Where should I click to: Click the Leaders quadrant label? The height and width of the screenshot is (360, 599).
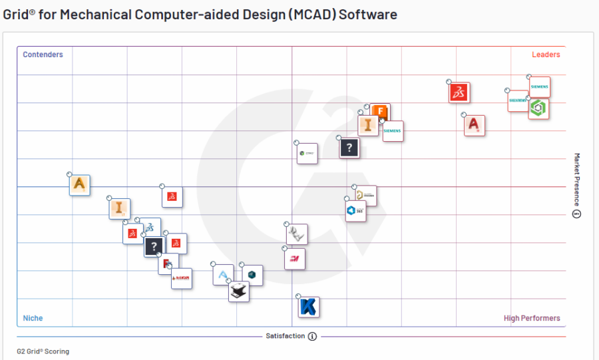tap(545, 55)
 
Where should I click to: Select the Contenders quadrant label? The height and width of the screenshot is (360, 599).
tap(43, 55)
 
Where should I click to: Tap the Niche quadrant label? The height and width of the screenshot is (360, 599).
tap(33, 318)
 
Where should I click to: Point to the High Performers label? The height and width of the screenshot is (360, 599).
tap(531, 318)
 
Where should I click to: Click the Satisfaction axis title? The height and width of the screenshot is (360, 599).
tap(285, 336)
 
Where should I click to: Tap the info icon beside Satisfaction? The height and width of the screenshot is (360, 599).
tap(312, 337)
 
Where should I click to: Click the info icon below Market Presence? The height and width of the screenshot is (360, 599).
tap(577, 214)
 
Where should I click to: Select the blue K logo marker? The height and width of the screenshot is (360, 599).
tap(309, 307)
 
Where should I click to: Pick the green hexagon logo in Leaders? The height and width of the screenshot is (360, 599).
tap(538, 108)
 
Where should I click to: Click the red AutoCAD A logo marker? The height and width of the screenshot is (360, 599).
tap(475, 125)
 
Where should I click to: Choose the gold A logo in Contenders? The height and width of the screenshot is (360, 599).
tap(80, 184)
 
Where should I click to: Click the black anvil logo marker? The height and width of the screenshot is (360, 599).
tap(239, 291)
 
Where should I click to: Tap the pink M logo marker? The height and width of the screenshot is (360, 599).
tap(294, 259)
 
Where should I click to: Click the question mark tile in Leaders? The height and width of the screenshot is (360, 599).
tap(349, 147)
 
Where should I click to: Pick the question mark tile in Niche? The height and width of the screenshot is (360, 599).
tap(154, 247)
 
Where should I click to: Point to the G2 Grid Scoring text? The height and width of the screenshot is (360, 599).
tap(43, 351)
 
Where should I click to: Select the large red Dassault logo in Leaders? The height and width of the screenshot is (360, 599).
tap(459, 92)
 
